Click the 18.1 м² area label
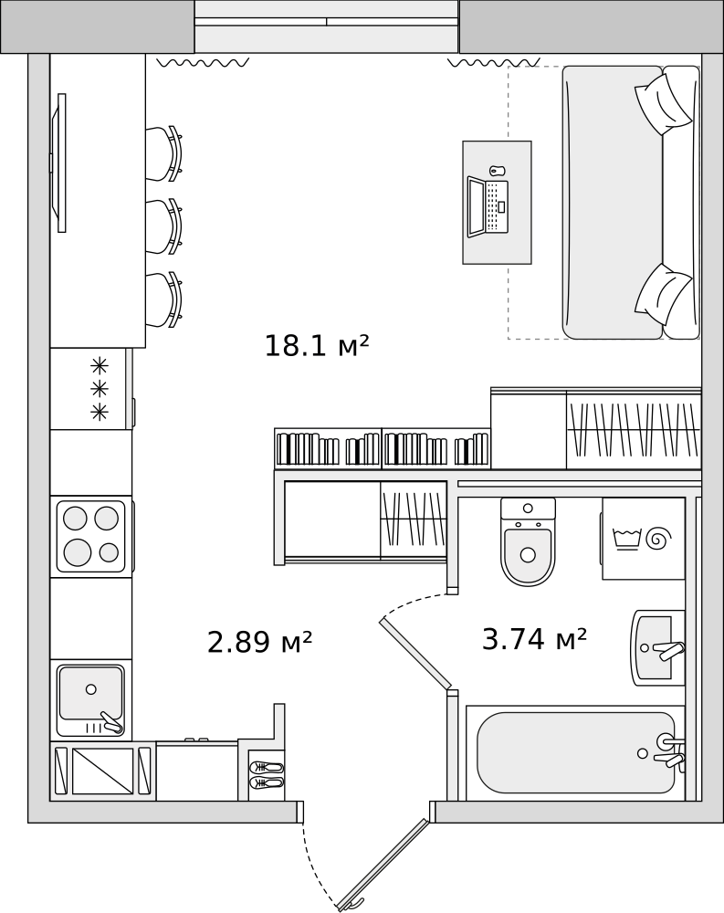(x=316, y=347)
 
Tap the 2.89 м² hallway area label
(x=259, y=643)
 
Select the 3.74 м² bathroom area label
(x=534, y=640)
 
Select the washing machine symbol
(x=643, y=538)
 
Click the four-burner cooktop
(x=90, y=536)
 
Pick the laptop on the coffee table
(x=488, y=206)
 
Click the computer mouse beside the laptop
(x=497, y=171)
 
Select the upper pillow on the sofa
(x=662, y=102)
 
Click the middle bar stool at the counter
(x=163, y=226)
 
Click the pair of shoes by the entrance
(x=267, y=775)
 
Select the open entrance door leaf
(x=383, y=864)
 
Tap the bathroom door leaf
(x=415, y=653)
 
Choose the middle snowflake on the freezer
(x=100, y=389)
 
